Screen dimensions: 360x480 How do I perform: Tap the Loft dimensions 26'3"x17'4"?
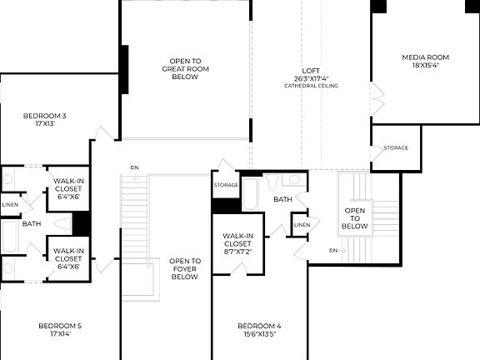point(310,78)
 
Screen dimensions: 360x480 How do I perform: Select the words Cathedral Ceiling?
point(310,86)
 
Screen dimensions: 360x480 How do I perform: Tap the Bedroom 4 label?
point(258,329)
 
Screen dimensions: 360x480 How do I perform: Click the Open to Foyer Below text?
point(184,268)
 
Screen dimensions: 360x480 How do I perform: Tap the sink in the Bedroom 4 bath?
point(292,179)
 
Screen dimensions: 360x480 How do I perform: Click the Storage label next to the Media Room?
point(396,147)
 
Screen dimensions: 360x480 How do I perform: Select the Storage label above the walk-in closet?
point(226,184)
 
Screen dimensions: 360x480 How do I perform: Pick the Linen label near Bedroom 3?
point(10,204)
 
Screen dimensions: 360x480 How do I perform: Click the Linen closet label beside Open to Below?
point(302,224)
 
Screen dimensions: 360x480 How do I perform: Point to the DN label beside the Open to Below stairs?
point(333,250)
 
